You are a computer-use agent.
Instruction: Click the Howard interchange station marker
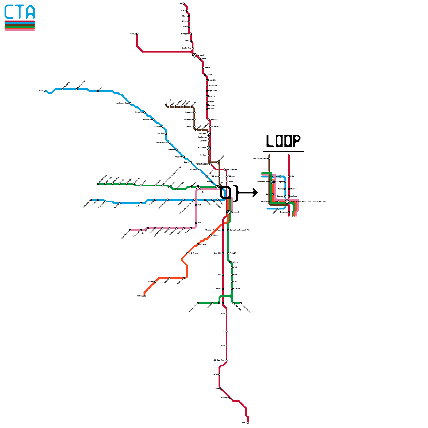pos(194,55)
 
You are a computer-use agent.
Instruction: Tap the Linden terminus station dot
pos(184,3)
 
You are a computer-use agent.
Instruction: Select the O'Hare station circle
pos(45,91)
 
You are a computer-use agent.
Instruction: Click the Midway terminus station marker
pos(144,296)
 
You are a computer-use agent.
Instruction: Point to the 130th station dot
pos(248,423)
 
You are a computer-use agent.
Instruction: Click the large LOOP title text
pos(283,141)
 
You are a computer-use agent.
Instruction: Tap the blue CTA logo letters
pos(20,12)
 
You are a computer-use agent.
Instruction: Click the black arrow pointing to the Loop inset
pos(247,193)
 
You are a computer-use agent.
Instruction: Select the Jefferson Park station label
pos(123,103)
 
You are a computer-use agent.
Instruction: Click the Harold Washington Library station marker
pos(287,201)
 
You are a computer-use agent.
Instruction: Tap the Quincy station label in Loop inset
pos(268,194)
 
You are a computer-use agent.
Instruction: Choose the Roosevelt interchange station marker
pos(228,212)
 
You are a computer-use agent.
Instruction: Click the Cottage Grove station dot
pos(241,303)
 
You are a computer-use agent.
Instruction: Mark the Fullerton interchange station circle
pos(209,148)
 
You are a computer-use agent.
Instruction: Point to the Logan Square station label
pos(162,143)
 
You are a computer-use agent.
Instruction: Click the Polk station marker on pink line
pos(196,205)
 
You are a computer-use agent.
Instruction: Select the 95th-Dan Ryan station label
pos(219,360)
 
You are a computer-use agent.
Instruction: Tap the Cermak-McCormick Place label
pos(240,230)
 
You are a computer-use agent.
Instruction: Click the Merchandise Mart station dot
pos(269,159)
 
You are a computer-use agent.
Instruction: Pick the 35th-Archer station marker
pos(187,253)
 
